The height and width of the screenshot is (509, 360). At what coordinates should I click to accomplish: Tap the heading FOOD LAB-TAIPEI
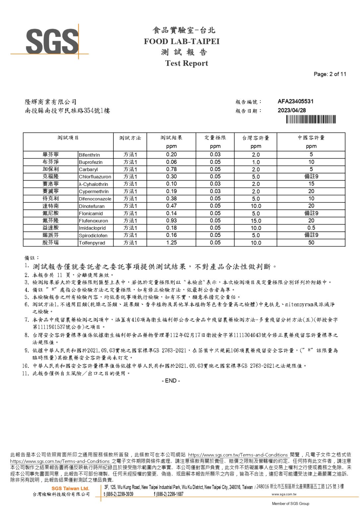(x=182, y=41)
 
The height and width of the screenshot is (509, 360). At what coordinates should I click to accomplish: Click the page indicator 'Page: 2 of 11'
(x=330, y=74)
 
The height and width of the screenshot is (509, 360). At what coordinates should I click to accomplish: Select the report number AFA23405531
(x=295, y=101)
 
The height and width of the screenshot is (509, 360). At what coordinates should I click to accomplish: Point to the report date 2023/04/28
(x=292, y=110)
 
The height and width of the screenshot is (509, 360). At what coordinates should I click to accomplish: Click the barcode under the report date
(x=311, y=119)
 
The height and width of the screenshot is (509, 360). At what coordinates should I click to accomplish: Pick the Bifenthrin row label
(x=89, y=155)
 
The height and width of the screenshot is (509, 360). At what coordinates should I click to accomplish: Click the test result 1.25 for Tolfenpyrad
(x=171, y=243)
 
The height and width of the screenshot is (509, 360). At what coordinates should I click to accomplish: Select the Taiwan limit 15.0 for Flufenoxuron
(x=256, y=221)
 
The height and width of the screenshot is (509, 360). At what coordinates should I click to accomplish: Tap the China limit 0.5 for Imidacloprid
(x=311, y=228)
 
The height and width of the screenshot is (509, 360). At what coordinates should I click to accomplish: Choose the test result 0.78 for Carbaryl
(x=171, y=169)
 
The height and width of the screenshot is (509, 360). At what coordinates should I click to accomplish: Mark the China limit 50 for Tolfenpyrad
(x=311, y=243)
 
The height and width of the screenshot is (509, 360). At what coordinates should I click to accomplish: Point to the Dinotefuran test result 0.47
(x=171, y=206)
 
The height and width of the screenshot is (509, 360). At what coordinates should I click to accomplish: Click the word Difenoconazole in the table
(x=95, y=199)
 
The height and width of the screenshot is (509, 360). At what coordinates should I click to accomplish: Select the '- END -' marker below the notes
(x=171, y=381)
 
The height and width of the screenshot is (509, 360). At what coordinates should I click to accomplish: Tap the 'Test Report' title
(x=186, y=63)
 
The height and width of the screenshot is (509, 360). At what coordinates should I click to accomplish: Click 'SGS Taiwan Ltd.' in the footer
(x=70, y=488)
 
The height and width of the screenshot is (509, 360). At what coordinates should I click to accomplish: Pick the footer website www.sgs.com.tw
(x=284, y=494)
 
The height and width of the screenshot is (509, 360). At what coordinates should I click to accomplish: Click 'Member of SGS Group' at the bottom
(x=290, y=504)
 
